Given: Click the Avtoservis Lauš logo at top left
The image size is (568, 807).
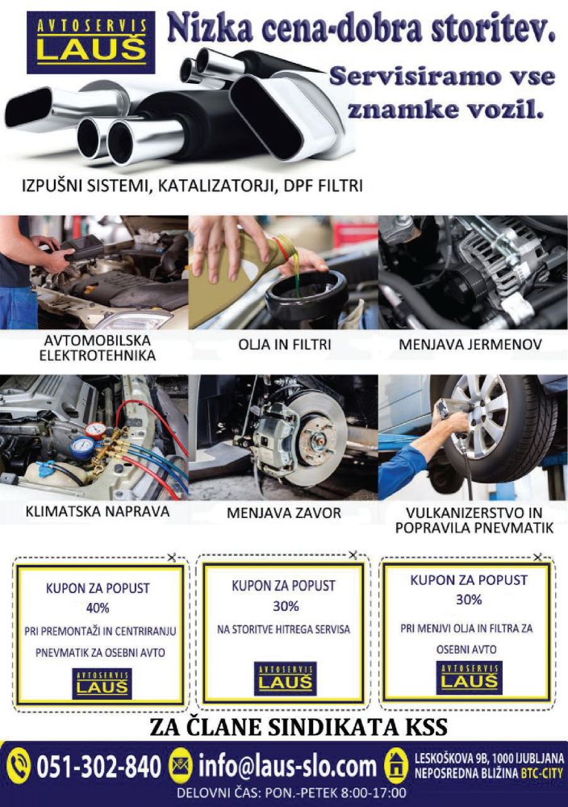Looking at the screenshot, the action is pyautogui.click(x=90, y=43).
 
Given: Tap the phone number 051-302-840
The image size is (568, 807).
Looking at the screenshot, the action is pyautogui.click(x=98, y=767).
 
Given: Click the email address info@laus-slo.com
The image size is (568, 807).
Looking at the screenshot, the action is pyautogui.click(x=287, y=767).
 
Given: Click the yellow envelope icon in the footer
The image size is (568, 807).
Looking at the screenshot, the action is pyautogui.click(x=181, y=765).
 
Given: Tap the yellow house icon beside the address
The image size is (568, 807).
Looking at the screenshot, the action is pyautogui.click(x=396, y=766).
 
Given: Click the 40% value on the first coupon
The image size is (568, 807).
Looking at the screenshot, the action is pyautogui.click(x=98, y=608).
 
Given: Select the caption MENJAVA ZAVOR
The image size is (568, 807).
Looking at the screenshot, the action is pyautogui.click(x=284, y=512).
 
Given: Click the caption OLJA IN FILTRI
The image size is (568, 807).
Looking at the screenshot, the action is pyautogui.click(x=285, y=345).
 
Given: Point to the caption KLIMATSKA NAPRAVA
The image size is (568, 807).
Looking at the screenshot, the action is pyautogui.click(x=98, y=512).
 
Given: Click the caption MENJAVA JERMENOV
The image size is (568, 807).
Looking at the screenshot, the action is pyautogui.click(x=470, y=345).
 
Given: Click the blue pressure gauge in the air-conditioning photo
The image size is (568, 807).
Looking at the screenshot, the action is pyautogui.click(x=81, y=447).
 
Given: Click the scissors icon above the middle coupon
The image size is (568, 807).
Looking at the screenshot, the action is pyautogui.click(x=353, y=555).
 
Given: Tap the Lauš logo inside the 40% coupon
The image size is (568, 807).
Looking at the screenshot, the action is pyautogui.click(x=102, y=684).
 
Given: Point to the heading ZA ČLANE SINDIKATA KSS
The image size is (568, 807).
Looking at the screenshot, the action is pyautogui.click(x=299, y=727).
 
